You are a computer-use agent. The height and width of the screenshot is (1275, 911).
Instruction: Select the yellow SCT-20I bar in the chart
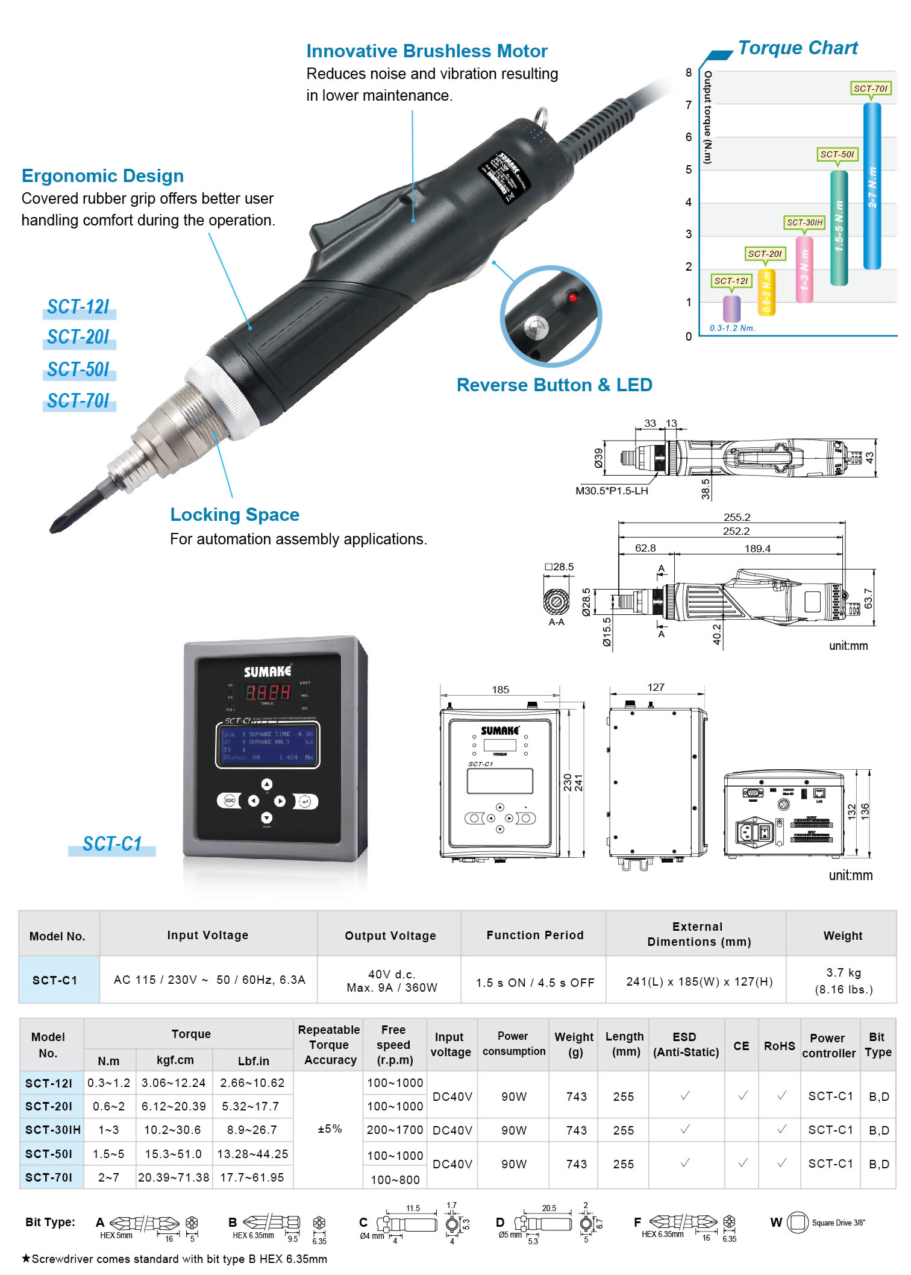pos(766,292)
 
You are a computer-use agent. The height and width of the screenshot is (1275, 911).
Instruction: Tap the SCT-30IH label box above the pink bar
pos(804,222)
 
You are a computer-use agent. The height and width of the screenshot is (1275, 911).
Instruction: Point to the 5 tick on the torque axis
pos(689,170)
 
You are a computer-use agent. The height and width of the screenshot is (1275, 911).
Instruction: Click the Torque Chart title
pos(797,48)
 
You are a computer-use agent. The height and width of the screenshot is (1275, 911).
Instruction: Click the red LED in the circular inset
pos(572,297)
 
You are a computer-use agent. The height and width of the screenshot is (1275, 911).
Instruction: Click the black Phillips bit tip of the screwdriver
pos(66,518)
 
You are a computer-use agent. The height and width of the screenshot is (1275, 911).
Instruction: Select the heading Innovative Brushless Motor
pos(427,51)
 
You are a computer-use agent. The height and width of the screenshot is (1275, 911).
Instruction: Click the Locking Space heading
pos(234,515)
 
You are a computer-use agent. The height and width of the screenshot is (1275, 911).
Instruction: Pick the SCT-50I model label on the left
pos(78,369)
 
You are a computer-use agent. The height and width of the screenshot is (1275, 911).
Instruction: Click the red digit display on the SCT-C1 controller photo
pos(268,692)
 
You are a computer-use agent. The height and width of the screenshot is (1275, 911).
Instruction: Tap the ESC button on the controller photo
pos(229,801)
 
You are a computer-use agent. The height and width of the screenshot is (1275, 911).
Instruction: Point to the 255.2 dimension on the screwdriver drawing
pos(736,517)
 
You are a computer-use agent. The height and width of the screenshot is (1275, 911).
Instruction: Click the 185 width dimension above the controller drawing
pos(500,690)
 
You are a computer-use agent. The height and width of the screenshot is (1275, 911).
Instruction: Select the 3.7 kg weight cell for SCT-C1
pos(843,980)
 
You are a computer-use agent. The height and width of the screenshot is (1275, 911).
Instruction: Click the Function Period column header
pos(534,935)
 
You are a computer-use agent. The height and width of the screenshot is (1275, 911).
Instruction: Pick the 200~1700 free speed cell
pos(395,1130)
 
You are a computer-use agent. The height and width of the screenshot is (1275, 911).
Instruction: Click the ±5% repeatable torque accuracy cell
pos(330,1129)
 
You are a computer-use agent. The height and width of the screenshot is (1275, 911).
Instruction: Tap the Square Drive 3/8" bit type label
pos(837,1223)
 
